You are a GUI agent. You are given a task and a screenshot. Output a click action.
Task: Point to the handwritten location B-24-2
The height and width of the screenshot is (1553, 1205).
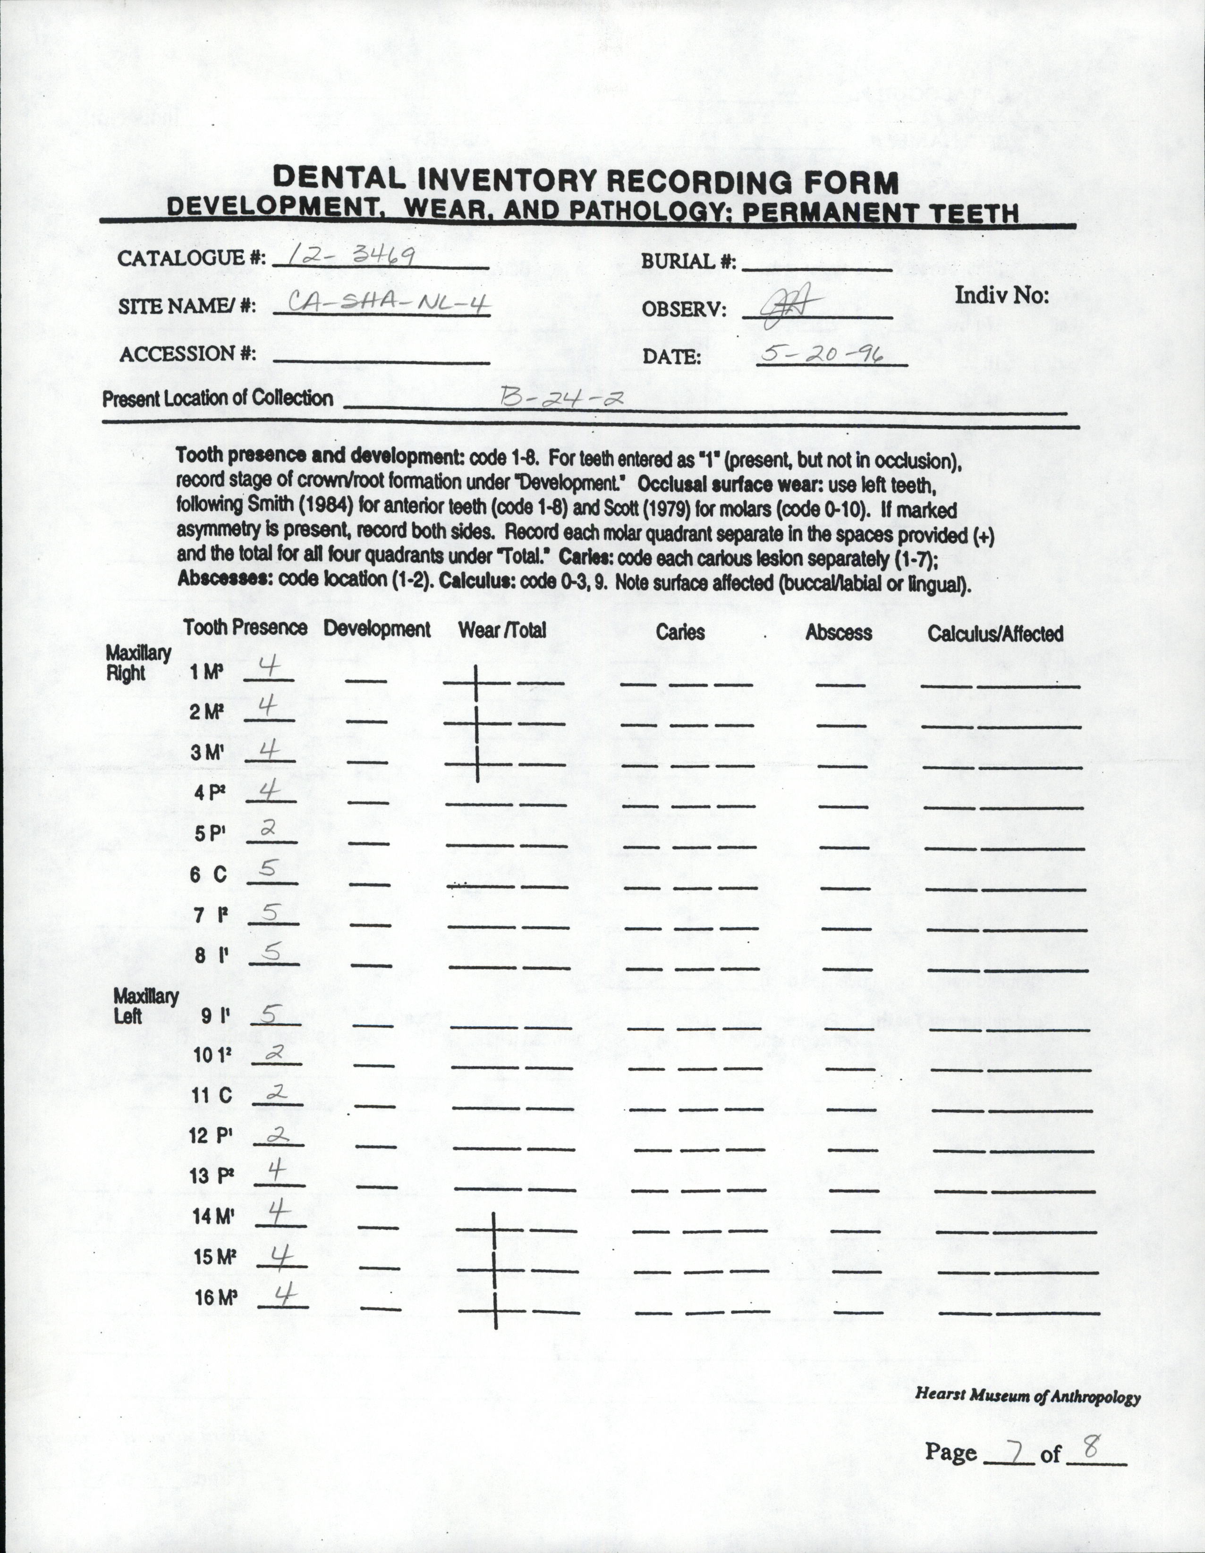click(x=562, y=397)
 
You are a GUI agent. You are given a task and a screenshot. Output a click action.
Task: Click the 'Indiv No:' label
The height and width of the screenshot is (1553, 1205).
click(x=1001, y=295)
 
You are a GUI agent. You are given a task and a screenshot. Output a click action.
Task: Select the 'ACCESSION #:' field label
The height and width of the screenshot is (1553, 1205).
click(x=188, y=353)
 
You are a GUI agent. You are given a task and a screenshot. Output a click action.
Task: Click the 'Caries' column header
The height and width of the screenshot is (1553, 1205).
click(x=680, y=632)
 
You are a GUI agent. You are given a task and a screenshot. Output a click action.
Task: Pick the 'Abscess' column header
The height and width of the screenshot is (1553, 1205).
click(x=838, y=633)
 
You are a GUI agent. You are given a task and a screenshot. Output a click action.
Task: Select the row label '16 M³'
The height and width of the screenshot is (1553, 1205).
click(x=215, y=1298)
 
